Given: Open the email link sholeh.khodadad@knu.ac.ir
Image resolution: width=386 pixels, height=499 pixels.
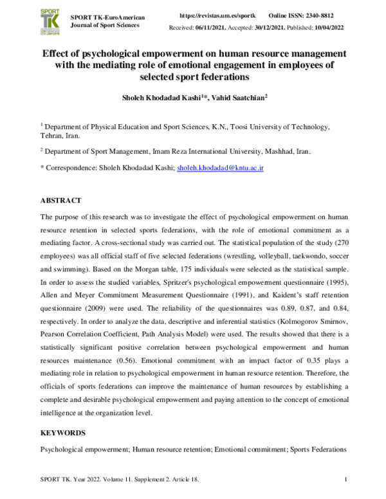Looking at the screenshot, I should [x=221, y=168].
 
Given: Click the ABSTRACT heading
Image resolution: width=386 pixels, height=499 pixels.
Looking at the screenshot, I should [x=61, y=201].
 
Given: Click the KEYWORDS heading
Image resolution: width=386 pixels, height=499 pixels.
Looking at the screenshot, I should [x=64, y=433].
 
